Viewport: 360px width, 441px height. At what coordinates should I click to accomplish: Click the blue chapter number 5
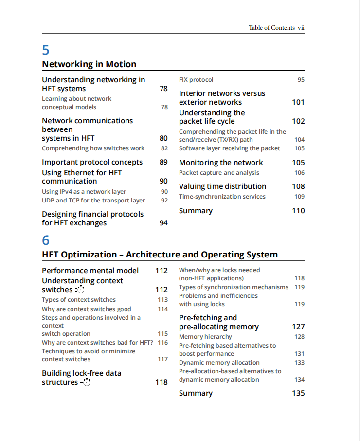46,50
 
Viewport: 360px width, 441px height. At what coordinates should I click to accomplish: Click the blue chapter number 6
46,240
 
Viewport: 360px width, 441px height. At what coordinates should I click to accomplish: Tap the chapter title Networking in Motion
89,64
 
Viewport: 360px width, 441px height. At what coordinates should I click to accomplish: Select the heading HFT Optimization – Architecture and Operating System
160,255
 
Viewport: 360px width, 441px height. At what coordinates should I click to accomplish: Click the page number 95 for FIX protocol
301,80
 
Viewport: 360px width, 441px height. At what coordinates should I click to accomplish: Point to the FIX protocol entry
196,80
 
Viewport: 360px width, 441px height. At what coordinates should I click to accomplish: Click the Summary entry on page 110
196,211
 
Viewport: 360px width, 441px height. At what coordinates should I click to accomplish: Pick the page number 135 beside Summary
298,393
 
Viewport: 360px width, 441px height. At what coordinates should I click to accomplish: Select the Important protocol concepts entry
92,162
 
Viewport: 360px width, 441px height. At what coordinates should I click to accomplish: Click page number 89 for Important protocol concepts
163,162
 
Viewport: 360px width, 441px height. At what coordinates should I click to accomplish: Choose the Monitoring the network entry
221,163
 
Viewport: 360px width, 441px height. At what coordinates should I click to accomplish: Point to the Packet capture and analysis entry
219,173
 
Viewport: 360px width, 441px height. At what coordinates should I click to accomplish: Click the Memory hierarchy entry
205,337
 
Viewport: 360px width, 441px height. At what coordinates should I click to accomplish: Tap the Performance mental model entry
90,271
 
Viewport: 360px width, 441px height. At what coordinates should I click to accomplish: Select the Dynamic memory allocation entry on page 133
219,363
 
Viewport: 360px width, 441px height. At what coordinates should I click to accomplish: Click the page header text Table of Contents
271,28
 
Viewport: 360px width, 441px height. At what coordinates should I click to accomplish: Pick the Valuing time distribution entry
222,186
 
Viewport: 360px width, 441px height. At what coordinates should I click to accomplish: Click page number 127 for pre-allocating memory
298,327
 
